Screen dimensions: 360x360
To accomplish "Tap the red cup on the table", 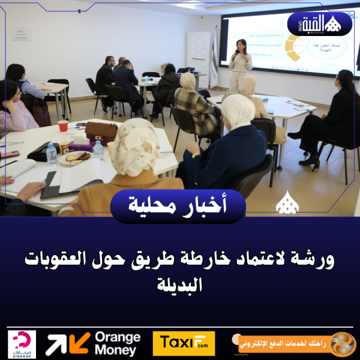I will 63,125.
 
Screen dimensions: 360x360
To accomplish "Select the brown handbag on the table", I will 101,132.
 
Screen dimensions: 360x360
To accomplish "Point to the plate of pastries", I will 76,158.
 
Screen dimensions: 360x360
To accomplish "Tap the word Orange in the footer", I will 118,337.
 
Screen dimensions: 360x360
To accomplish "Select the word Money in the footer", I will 118,350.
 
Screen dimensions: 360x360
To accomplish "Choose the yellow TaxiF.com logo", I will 184,344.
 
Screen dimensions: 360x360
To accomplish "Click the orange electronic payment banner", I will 293,344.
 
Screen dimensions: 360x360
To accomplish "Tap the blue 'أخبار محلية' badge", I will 179,206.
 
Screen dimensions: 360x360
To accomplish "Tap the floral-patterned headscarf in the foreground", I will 134,148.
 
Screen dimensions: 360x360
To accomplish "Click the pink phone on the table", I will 10,154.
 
